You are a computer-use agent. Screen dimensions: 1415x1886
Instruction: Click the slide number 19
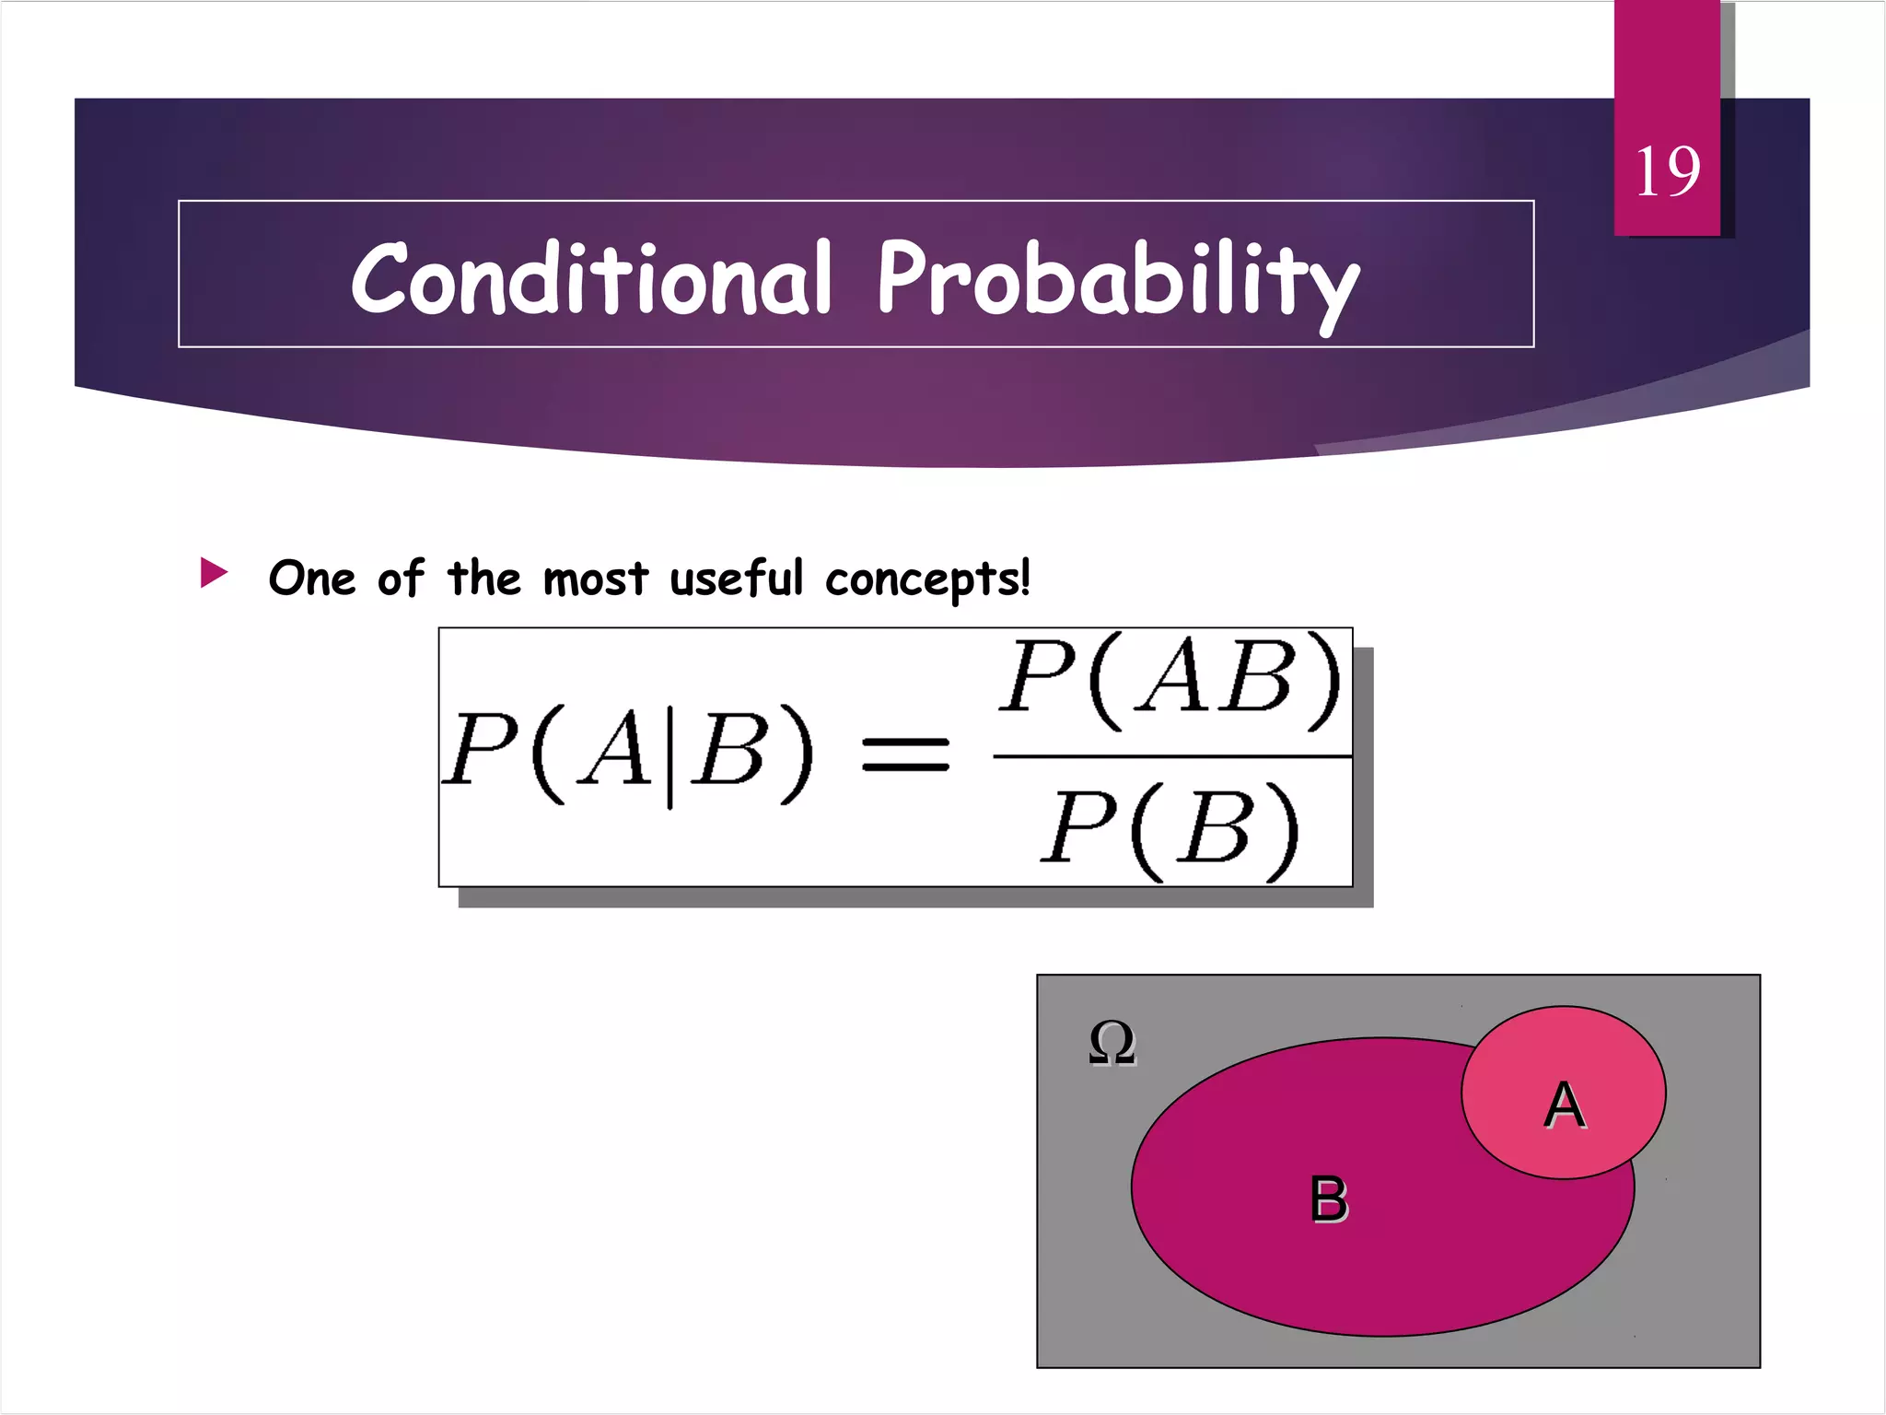coord(1667,171)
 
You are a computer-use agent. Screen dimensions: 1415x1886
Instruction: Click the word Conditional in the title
coord(591,278)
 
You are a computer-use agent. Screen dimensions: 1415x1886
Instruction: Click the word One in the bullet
coord(311,579)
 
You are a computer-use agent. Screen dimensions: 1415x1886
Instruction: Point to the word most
coord(596,579)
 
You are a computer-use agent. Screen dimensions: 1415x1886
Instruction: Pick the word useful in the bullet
coord(737,579)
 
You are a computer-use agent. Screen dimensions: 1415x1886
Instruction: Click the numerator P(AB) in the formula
coord(1171,680)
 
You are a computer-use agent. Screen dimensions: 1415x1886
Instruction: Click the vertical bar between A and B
coord(669,754)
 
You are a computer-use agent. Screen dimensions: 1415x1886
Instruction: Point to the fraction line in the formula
coord(1171,757)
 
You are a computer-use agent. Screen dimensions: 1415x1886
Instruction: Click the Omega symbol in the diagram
coord(1112,1043)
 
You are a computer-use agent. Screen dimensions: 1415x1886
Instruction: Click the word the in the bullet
coord(484,579)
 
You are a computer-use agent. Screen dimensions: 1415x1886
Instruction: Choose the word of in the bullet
coord(401,579)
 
